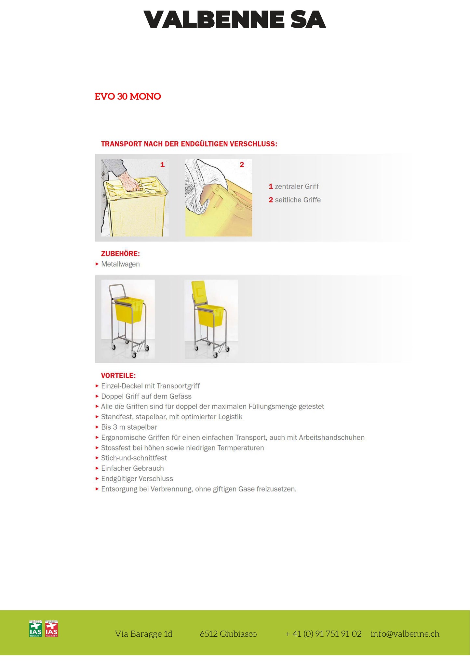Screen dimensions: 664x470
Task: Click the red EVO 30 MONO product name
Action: pyautogui.click(x=128, y=97)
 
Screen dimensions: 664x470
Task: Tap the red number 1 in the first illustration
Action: pyautogui.click(x=162, y=165)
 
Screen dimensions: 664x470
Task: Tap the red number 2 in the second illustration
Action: pyautogui.click(x=242, y=165)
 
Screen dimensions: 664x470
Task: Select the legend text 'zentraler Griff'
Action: pyautogui.click(x=297, y=187)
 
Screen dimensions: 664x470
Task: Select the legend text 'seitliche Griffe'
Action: pyautogui.click(x=298, y=200)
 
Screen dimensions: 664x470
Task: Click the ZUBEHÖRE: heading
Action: pyautogui.click(x=120, y=254)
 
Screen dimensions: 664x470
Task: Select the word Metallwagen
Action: pyautogui.click(x=120, y=264)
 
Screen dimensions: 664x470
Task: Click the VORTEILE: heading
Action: pyautogui.click(x=118, y=376)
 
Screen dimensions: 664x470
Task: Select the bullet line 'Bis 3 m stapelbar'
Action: pyautogui.click(x=129, y=427)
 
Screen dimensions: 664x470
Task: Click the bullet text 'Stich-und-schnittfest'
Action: pyautogui.click(x=134, y=458)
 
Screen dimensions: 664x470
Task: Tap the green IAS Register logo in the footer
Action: pyautogui.click(x=35, y=629)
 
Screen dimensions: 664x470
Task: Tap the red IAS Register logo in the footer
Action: pyautogui.click(x=51, y=629)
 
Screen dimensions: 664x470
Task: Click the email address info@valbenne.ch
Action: pyautogui.click(x=405, y=634)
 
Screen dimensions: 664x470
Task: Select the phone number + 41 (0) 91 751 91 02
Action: pyautogui.click(x=323, y=634)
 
